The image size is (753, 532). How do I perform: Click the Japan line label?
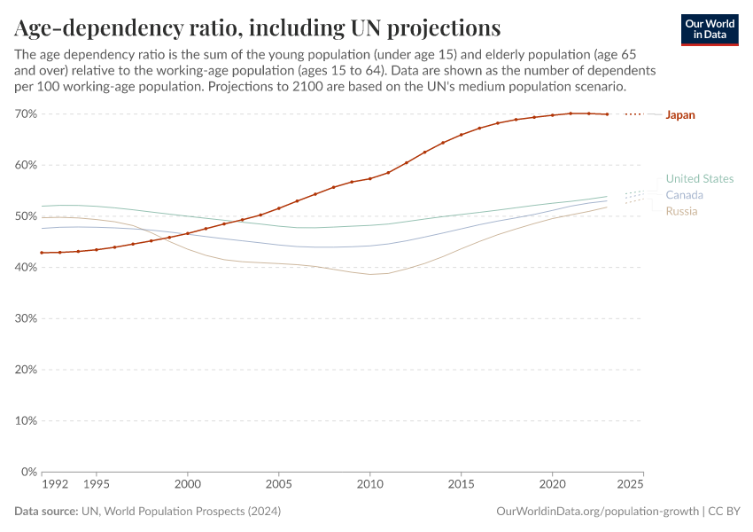[680, 114]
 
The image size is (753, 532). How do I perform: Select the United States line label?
[699, 178]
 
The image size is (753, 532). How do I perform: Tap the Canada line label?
[684, 195]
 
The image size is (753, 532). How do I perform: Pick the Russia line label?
[681, 211]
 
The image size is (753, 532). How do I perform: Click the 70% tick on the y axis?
[26, 114]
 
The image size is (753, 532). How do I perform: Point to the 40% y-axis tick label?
[26, 268]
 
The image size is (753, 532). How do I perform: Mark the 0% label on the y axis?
[29, 472]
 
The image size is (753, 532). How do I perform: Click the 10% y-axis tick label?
[26, 421]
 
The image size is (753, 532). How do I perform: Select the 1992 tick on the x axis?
[55, 485]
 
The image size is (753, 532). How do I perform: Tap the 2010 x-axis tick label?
[369, 485]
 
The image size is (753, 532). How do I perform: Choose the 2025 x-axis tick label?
[630, 485]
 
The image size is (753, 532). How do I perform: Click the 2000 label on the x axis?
[187, 485]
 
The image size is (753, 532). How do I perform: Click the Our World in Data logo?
[709, 29]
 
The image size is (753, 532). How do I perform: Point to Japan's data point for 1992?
[42, 253]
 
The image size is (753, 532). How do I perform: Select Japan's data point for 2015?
[461, 135]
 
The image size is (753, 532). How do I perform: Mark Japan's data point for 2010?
[369, 178]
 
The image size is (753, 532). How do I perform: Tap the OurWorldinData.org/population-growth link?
[598, 512]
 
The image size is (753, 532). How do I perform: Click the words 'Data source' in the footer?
[45, 512]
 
